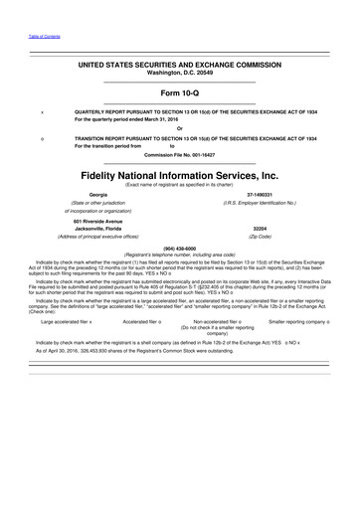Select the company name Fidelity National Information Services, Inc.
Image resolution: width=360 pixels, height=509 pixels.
coord(180,176)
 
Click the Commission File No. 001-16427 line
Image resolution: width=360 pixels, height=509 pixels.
coord(179,155)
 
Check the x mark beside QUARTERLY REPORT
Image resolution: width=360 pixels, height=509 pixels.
coord(43,112)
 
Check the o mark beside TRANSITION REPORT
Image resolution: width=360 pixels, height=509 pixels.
coord(43,138)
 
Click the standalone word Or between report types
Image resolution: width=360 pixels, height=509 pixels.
coord(179,129)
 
